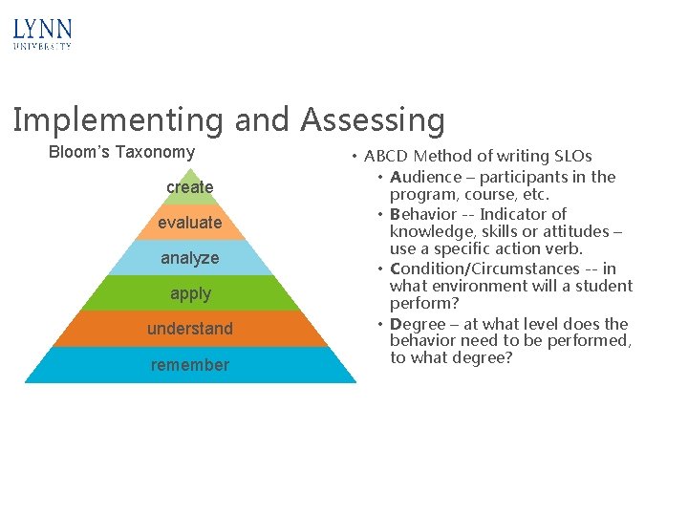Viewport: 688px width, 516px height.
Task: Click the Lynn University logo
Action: (x=42, y=34)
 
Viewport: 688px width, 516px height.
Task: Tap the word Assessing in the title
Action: (x=373, y=120)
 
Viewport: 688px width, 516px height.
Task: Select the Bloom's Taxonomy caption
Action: (x=121, y=152)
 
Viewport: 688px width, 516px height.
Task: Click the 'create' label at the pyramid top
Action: (x=189, y=187)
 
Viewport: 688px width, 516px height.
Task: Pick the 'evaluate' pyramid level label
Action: (x=189, y=223)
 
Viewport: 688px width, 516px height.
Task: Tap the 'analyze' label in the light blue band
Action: (x=189, y=258)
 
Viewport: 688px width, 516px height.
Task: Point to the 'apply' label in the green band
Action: (x=189, y=293)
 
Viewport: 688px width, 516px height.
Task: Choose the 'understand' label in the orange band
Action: (x=189, y=329)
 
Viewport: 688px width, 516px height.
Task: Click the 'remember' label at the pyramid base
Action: (x=189, y=365)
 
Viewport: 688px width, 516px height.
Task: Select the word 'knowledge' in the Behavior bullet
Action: (x=429, y=231)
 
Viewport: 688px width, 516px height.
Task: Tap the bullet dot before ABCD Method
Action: (x=354, y=156)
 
